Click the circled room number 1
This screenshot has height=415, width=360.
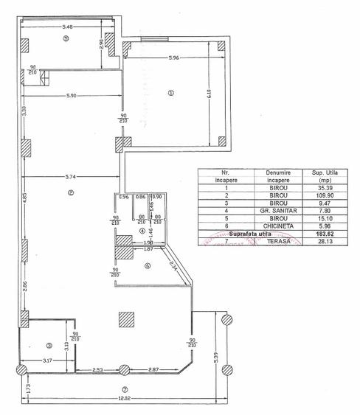(x=170, y=93)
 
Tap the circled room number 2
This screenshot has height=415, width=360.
(x=71, y=194)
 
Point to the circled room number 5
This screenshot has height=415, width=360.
(x=66, y=38)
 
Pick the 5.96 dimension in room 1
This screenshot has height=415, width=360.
(x=173, y=58)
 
